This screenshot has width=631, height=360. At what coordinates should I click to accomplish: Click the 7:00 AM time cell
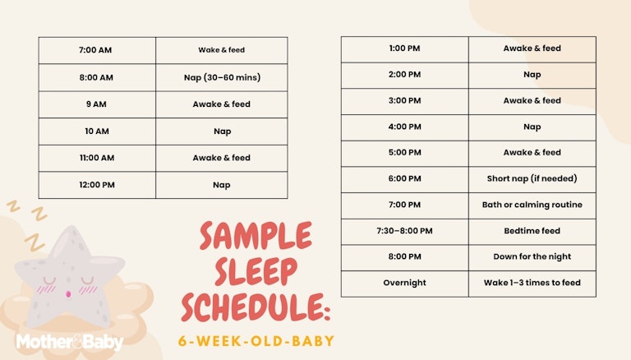96,50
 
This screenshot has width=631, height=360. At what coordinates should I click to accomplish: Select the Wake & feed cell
221,50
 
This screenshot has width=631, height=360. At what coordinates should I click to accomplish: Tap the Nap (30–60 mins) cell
221,77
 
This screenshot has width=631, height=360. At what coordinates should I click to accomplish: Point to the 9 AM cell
96,104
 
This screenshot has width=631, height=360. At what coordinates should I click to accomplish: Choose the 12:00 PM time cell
96,185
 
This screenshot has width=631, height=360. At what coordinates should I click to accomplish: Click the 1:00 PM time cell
404,48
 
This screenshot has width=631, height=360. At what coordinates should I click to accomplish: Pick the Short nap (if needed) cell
532,178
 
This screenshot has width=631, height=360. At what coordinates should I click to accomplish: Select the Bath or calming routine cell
532,205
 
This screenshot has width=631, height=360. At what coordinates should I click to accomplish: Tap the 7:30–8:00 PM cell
404,231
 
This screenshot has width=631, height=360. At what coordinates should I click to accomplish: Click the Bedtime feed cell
532,231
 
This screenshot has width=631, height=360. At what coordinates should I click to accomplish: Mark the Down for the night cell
532,256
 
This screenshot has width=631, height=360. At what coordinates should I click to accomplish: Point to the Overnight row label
404,283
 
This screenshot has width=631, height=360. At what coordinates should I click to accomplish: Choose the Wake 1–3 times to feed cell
532,283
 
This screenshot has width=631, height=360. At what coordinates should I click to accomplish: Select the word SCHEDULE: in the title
256,307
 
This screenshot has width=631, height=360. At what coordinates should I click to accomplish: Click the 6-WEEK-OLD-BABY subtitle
256,340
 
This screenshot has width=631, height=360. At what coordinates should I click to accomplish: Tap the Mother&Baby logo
69,342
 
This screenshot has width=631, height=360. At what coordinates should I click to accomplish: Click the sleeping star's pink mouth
67,292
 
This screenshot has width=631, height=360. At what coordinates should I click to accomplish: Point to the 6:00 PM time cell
404,178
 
